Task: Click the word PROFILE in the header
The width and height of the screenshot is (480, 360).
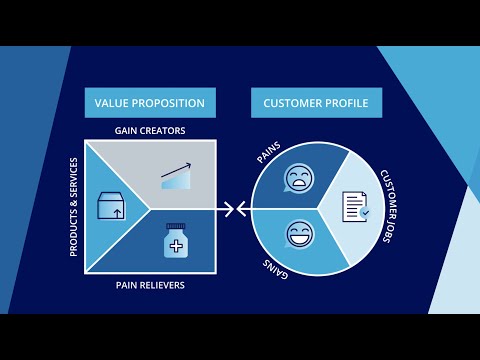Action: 349,103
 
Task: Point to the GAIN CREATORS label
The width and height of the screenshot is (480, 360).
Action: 150,130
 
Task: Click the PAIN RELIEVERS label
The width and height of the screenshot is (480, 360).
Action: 150,287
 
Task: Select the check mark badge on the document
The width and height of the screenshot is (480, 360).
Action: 365,214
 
